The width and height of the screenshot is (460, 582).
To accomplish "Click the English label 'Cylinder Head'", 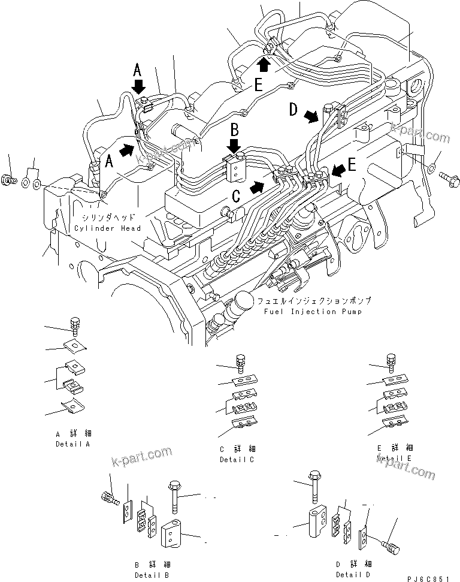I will click(108, 228).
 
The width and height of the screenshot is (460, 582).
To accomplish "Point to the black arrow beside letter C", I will click(257, 186).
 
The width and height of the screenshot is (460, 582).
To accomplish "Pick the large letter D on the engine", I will click(293, 110).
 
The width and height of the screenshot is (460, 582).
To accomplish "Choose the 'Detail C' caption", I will click(237, 459).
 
